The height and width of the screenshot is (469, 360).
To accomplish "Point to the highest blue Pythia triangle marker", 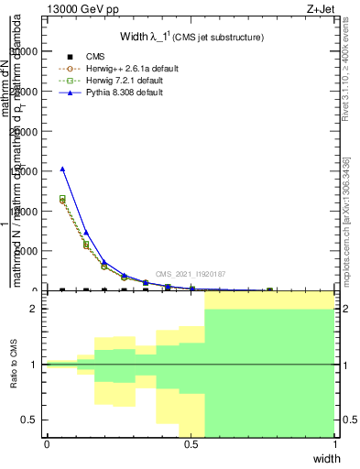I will [x=62, y=169].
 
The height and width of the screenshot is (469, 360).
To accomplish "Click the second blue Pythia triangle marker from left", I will [x=86, y=233].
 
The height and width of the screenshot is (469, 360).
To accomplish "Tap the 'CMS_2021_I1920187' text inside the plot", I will [x=190, y=274].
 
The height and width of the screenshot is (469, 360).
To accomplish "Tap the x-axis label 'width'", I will [x=326, y=457].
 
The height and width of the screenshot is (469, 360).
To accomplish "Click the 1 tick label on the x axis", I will [x=335, y=444].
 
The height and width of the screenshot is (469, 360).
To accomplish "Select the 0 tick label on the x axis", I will [x=47, y=444].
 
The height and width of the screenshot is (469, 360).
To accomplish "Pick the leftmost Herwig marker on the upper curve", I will [x=62, y=199].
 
